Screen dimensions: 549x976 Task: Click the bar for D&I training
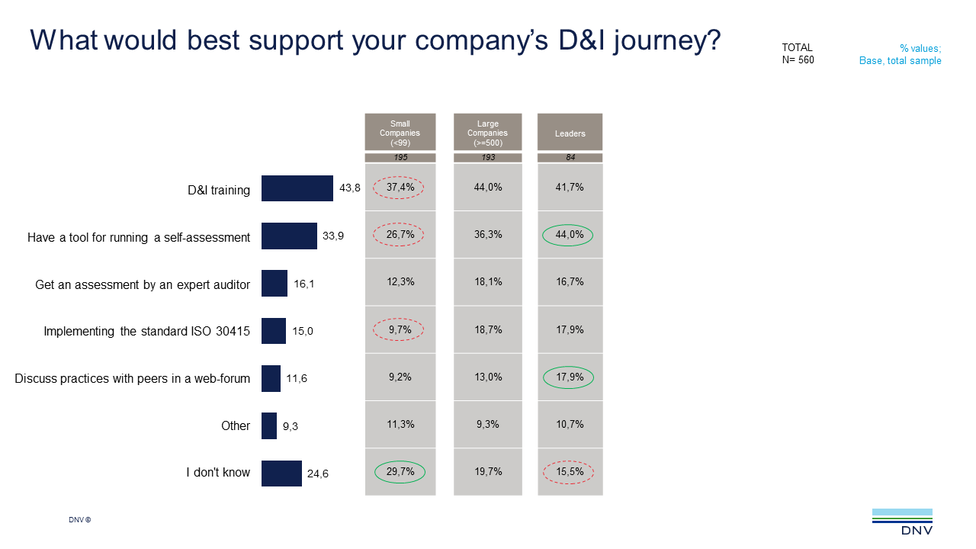click(x=297, y=188)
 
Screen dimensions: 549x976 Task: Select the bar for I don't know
click(x=281, y=473)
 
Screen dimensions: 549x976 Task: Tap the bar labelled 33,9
click(x=289, y=236)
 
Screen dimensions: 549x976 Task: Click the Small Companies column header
click(x=400, y=133)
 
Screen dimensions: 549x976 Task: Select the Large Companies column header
click(x=488, y=133)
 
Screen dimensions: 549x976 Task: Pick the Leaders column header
click(x=570, y=133)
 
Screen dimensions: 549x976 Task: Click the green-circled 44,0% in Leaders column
click(x=570, y=235)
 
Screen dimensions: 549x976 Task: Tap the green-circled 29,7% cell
click(x=400, y=472)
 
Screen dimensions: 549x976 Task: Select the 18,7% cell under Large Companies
click(x=488, y=329)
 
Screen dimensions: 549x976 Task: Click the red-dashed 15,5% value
click(x=570, y=472)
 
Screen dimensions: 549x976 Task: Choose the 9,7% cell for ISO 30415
click(x=400, y=329)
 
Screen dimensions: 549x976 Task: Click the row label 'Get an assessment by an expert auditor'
click(x=143, y=284)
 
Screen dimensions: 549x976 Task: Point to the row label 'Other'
click(x=236, y=425)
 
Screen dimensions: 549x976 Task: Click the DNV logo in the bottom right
click(x=902, y=522)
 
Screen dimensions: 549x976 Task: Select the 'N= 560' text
click(x=798, y=60)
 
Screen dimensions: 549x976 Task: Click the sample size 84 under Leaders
click(x=570, y=158)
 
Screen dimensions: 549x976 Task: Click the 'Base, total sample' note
click(x=900, y=60)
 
